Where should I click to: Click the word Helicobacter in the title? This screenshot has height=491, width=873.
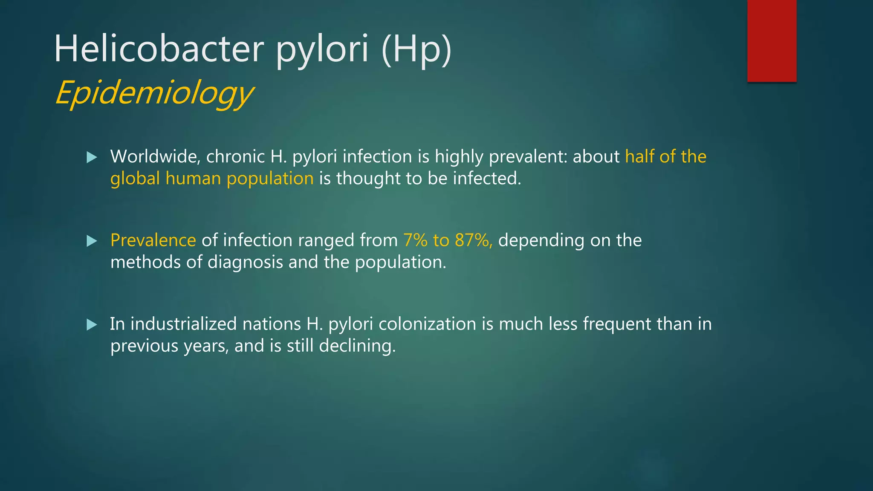pyautogui.click(x=159, y=49)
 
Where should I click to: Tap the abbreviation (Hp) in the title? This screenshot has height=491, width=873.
pyautogui.click(x=416, y=49)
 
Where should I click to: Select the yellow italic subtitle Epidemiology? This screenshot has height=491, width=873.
pyautogui.click(x=154, y=92)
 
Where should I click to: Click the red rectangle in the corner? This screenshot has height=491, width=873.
pyautogui.click(x=772, y=40)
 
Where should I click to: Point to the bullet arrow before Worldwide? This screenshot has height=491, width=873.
pyautogui.click(x=92, y=158)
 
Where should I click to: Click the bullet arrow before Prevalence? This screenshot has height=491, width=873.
pyautogui.click(x=92, y=241)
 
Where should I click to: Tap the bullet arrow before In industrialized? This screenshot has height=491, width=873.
pyautogui.click(x=92, y=325)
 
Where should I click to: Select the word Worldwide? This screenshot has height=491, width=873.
pyautogui.click(x=155, y=156)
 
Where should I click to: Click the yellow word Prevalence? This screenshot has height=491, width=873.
pyautogui.click(x=153, y=240)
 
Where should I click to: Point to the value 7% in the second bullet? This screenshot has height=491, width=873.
pyautogui.click(x=415, y=240)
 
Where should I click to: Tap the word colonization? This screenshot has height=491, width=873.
pyautogui.click(x=427, y=324)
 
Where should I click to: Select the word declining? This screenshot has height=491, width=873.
pyautogui.click(x=357, y=346)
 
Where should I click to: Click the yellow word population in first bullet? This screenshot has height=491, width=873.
pyautogui.click(x=270, y=179)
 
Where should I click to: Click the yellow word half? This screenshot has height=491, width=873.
pyautogui.click(x=639, y=156)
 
